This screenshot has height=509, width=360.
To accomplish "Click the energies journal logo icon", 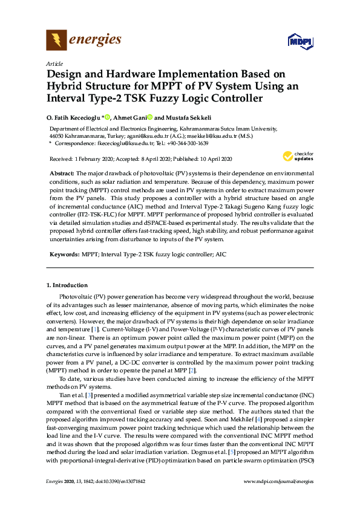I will (56, 41).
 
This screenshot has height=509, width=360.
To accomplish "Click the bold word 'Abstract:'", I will (64, 173).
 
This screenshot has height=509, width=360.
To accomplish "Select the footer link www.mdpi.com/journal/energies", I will (278, 482).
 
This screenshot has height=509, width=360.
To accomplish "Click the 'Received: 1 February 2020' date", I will (76, 159).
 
